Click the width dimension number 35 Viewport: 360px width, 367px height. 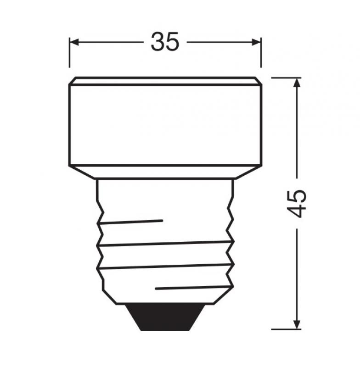point(165,43)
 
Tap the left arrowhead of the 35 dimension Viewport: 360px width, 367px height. point(75,43)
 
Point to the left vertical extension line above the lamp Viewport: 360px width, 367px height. point(69,53)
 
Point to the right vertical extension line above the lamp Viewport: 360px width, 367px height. point(261,53)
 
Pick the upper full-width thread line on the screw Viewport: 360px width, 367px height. point(165,244)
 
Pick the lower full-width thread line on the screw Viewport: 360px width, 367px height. point(165,266)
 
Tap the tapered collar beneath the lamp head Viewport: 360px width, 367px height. point(165,172)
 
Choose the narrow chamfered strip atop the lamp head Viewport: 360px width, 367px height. point(165,81)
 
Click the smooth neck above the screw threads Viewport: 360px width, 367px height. point(165,197)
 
